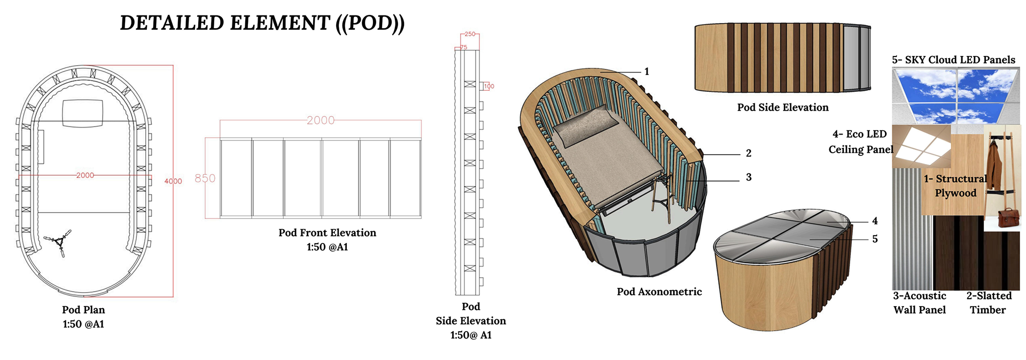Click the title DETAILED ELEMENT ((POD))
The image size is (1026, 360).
262,23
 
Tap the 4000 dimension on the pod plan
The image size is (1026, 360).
173,182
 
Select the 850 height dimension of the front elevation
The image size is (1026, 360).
205,178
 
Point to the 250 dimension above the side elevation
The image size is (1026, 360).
470,34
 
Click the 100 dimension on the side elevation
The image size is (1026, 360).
489,86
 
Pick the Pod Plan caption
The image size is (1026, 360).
83,310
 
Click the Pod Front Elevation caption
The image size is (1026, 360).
327,233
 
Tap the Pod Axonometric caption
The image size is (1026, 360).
659,292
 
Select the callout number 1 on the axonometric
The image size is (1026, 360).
647,72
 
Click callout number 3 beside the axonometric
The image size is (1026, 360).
749,177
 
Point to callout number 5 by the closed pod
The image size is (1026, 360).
875,239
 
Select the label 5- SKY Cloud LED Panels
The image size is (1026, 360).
953,60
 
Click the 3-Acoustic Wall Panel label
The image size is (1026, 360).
920,303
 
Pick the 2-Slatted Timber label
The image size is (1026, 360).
989,303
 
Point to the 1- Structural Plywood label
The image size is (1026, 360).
955,186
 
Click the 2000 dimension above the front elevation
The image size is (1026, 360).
321,121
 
